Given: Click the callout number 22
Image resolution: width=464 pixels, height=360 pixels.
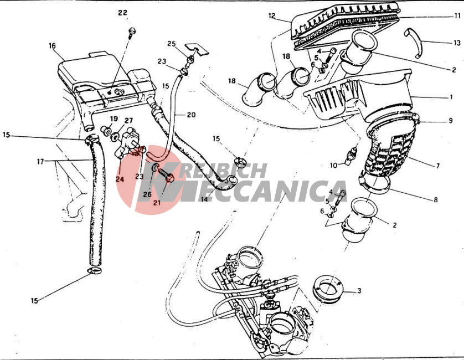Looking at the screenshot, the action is [122, 13].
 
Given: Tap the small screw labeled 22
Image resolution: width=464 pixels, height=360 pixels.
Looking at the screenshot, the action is [132, 32].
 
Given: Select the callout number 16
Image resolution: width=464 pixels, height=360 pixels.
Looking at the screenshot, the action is [52, 46].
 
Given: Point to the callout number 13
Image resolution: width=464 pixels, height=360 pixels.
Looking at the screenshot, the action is [457, 43].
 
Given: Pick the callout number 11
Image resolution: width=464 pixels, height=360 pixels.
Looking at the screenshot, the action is [457, 16].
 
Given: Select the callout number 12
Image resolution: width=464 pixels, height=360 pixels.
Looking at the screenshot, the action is [272, 16].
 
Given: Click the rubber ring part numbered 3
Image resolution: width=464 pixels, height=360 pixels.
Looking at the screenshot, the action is [328, 290].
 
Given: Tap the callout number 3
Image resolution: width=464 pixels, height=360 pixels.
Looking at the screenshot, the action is [359, 291].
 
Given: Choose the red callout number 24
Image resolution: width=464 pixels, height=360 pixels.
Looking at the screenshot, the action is [120, 179].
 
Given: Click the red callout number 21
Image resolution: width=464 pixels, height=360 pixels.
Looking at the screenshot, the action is [157, 203].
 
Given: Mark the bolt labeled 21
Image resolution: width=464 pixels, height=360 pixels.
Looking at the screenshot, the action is [165, 175].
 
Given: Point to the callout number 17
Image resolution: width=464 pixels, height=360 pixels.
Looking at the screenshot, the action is [40, 162].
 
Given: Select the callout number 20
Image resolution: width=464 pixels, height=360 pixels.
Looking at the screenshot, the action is [191, 115].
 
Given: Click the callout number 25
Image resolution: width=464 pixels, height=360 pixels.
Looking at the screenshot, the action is [171, 44].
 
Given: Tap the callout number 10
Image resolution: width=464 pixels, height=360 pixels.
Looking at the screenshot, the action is [333, 165].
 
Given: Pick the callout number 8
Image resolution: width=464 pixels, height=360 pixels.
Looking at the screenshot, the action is [436, 200].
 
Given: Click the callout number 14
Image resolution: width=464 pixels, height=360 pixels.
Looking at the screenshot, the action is [204, 199].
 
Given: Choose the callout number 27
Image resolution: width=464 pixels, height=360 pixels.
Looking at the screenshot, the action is [128, 121].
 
